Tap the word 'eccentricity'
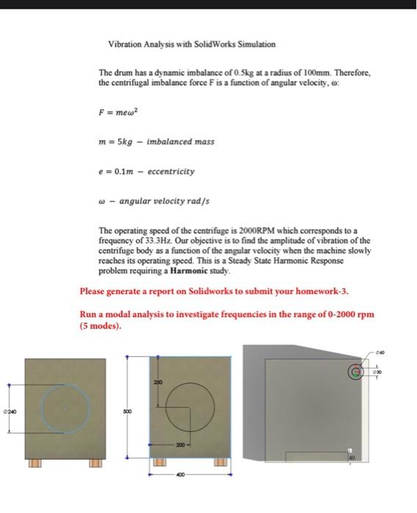pos(171,171)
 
